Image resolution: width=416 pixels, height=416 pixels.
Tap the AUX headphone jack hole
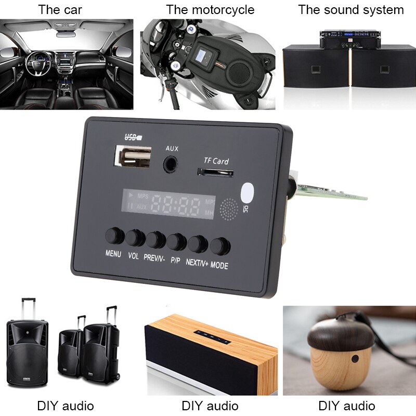170,163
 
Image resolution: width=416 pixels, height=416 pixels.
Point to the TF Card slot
215,172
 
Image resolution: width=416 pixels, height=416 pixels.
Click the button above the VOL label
135,238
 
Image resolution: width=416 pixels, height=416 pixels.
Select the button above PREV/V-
155,240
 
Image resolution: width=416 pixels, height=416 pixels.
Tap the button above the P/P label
176,242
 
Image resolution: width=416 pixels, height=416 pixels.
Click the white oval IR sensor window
249,192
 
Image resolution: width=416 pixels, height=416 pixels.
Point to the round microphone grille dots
229,209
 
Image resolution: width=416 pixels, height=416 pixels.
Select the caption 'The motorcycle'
210,10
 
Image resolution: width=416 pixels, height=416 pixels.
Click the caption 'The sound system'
350,10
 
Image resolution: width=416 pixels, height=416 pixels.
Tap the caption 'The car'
60,10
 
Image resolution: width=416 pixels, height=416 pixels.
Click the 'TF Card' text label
216,161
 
